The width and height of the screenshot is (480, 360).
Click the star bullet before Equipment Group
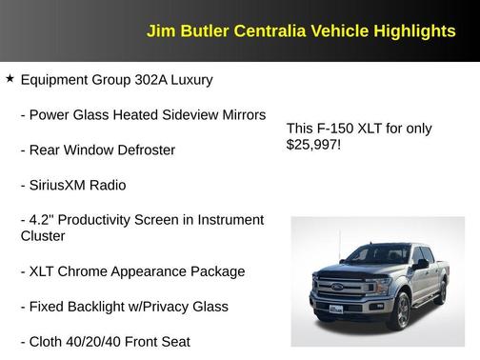point(10,78)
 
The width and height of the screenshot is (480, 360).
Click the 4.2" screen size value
point(43,219)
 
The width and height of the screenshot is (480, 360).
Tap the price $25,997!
point(313,146)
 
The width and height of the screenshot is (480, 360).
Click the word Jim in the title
point(159,31)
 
